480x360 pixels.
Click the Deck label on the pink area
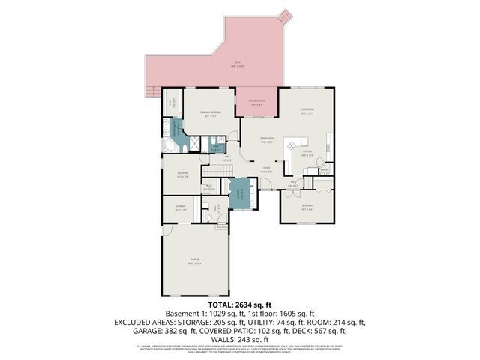(x=237, y=63)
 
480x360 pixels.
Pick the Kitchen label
(x=307, y=153)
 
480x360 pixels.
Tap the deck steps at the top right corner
(x=283, y=16)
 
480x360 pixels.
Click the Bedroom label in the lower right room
(x=307, y=205)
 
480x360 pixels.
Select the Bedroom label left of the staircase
(x=182, y=174)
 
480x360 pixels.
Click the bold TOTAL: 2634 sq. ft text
(x=239, y=304)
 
